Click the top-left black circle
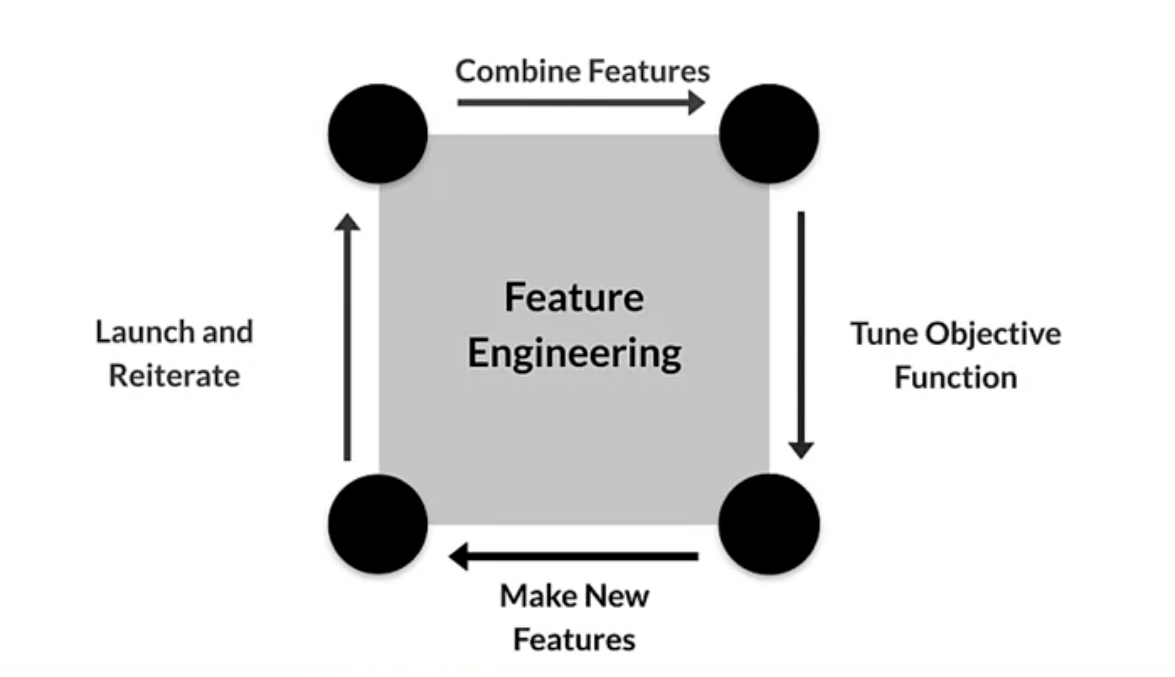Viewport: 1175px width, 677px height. click(x=378, y=134)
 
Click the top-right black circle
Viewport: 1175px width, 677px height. click(x=769, y=134)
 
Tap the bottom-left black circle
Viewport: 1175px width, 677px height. click(x=378, y=524)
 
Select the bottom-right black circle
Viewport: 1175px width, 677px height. click(x=769, y=524)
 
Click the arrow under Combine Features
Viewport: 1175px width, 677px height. click(x=581, y=103)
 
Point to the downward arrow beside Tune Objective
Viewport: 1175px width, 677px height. click(x=801, y=335)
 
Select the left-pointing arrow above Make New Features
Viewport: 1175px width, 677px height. click(x=573, y=556)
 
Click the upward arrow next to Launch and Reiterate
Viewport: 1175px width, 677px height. click(x=347, y=337)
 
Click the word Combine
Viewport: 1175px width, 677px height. click(x=517, y=71)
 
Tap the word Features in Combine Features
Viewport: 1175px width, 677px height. click(x=649, y=71)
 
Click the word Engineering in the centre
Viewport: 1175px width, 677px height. click(x=574, y=354)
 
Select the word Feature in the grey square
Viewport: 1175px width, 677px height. click(x=574, y=297)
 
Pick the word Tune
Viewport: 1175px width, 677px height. click(x=884, y=334)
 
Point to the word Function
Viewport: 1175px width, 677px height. click(x=956, y=377)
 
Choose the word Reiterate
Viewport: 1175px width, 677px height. click(x=174, y=376)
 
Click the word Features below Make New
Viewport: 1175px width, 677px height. click(x=574, y=640)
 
